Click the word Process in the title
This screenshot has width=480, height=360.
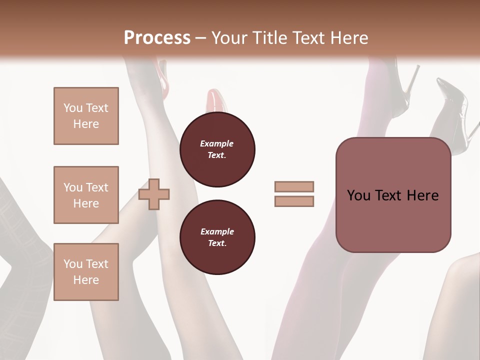click(x=157, y=37)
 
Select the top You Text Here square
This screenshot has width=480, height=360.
click(x=86, y=116)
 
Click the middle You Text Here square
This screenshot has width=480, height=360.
click(x=86, y=195)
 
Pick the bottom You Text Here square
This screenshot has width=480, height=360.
click(x=86, y=271)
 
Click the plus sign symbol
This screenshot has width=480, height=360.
click(x=154, y=194)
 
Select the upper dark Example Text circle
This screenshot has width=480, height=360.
click(x=217, y=149)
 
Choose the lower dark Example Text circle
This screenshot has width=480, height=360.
click(x=217, y=237)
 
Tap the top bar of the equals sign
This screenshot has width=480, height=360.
click(x=294, y=186)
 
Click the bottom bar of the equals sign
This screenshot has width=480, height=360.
click(x=294, y=201)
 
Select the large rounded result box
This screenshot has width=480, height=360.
click(x=393, y=195)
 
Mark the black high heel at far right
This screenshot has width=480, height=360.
click(x=452, y=112)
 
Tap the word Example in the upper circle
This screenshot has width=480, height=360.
click(x=217, y=144)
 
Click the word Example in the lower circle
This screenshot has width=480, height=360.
click(x=217, y=232)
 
